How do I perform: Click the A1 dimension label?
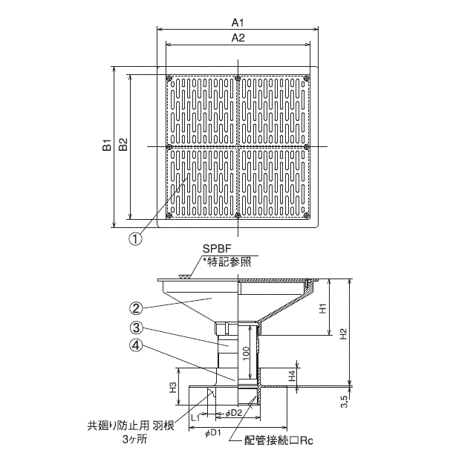238,22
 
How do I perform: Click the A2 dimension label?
238,37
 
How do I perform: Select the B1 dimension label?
107,146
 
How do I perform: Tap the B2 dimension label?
123,146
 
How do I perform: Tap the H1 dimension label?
323,307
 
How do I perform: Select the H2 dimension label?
342,333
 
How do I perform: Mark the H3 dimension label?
172,386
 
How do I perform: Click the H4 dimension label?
292,377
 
